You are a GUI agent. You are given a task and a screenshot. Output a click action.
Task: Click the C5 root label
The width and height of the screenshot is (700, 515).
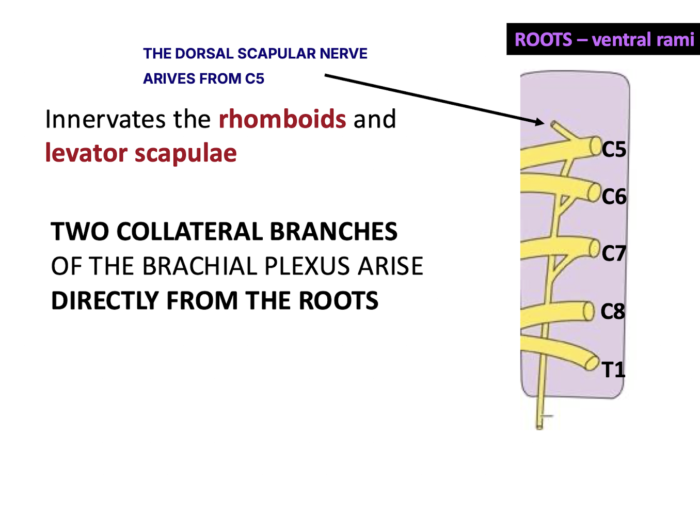614,150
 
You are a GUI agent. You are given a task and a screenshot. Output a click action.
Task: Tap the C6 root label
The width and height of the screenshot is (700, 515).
614,197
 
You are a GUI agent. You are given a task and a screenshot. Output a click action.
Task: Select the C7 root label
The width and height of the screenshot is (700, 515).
614,253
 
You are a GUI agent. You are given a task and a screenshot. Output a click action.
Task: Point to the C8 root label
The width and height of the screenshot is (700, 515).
613,312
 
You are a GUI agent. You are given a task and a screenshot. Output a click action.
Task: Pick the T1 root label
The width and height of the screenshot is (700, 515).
613,370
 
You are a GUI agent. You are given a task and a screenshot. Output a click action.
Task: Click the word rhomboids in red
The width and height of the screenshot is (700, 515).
282,119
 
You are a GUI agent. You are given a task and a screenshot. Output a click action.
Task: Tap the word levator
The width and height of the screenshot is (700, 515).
86,153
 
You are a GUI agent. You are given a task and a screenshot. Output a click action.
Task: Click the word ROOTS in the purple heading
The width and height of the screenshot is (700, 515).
544,40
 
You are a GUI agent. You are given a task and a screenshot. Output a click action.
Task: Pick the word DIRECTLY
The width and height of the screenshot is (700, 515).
104,301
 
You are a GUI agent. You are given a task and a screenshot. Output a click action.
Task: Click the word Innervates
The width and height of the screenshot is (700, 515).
105,119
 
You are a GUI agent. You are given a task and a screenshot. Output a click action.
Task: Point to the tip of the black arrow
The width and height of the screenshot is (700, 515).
544,123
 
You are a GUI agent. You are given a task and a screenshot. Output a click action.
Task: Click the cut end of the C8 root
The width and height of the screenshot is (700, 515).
588,311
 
